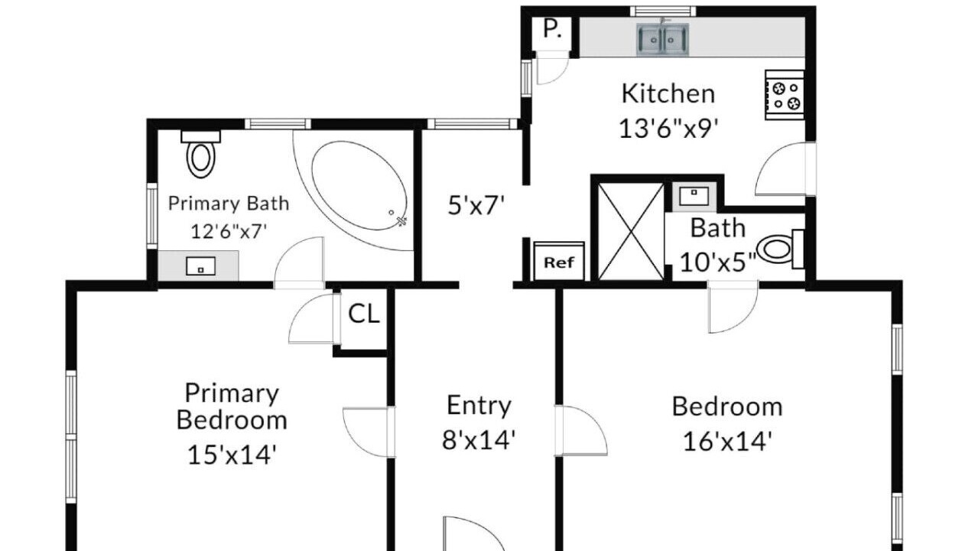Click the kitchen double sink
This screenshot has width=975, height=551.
coord(662,40)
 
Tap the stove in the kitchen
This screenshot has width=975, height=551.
coord(785,95)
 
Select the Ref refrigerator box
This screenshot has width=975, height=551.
coord(559,261)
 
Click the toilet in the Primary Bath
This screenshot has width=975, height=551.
coord(200,154)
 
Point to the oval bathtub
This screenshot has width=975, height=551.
coord(359,185)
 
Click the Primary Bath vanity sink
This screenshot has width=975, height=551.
coord(200,266)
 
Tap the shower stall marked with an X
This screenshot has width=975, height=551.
coord(631,231)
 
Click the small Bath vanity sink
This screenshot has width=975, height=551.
coord(694,196)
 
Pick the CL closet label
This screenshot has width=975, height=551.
coord(364,313)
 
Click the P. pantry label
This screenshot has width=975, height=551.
coord(552,29)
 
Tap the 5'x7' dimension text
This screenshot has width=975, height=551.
coord(476,205)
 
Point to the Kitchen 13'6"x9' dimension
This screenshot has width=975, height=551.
coord(668,129)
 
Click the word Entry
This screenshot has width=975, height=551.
coord(479,406)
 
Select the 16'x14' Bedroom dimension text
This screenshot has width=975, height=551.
coord(727,442)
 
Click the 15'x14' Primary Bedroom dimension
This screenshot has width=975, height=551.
coord(232,455)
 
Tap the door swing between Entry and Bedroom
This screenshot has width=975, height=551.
coord(581,431)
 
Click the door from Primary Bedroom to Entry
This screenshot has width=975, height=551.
coord(369,432)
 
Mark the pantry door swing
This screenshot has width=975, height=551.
coord(553,67)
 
